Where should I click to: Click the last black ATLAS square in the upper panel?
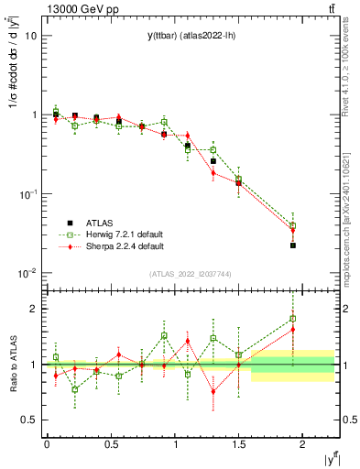click(293, 245)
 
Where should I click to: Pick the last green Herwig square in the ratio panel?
click(293, 319)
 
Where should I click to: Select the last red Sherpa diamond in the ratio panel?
click(293, 330)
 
